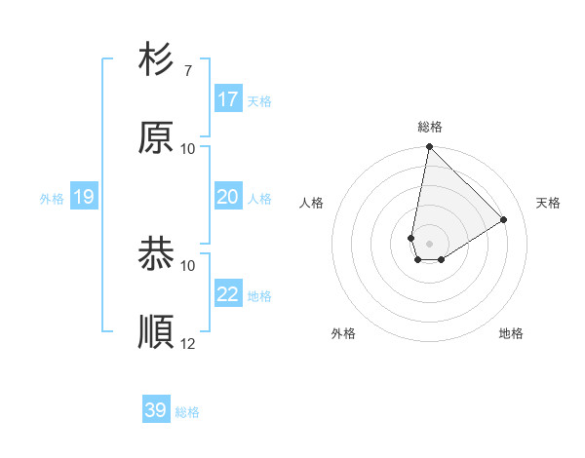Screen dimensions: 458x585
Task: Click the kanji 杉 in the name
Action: pyautogui.click(x=157, y=60)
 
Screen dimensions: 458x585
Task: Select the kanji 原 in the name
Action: pyautogui.click(x=157, y=138)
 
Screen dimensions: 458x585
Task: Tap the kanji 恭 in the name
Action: pyautogui.click(x=157, y=255)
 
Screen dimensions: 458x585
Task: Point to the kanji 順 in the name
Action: pyautogui.click(x=157, y=332)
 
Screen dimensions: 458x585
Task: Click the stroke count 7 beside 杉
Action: pyautogui.click(x=187, y=71)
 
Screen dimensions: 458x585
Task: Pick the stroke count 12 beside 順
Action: pyautogui.click(x=188, y=343)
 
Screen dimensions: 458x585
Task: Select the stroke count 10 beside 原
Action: pyautogui.click(x=188, y=149)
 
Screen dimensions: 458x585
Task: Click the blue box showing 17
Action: pyautogui.click(x=228, y=99)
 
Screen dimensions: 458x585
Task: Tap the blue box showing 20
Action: pyautogui.click(x=228, y=197)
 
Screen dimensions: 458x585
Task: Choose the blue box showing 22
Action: pyautogui.click(x=228, y=294)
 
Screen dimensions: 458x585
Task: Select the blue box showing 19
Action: pyautogui.click(x=84, y=197)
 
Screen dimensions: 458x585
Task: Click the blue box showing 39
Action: pyautogui.click(x=156, y=410)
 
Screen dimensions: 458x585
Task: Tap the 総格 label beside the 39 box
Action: pyautogui.click(x=187, y=412)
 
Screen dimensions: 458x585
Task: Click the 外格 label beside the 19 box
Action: pyautogui.click(x=52, y=199)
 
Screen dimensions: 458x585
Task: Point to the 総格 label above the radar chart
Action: pyautogui.click(x=430, y=127)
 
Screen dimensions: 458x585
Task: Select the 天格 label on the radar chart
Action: pyautogui.click(x=549, y=203)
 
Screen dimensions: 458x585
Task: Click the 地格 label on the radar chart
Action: pyautogui.click(x=511, y=333)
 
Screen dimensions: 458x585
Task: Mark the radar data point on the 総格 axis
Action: pyautogui.click(x=429, y=147)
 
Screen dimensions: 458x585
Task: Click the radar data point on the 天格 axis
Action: pyautogui.click(x=504, y=219)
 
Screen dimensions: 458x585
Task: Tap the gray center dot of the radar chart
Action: pyautogui.click(x=430, y=244)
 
